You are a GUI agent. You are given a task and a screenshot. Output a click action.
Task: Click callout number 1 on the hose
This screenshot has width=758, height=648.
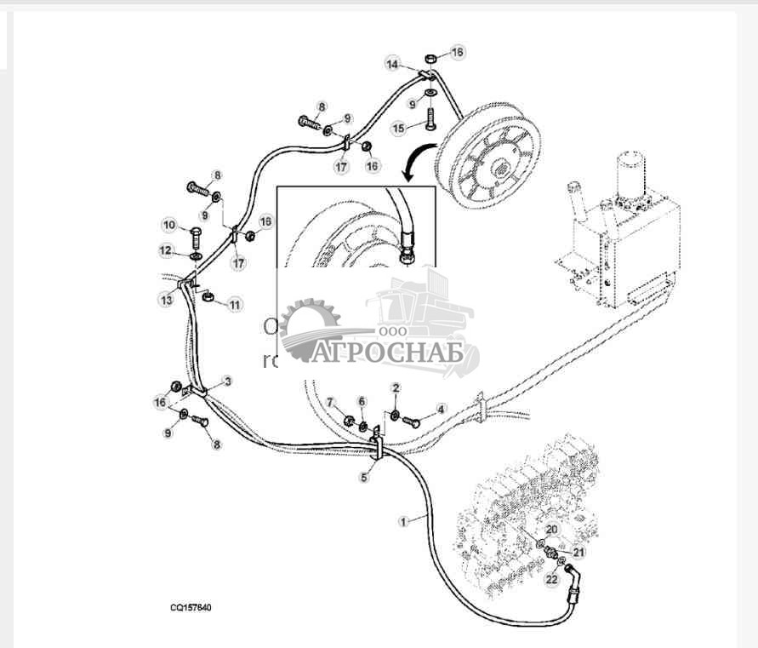[x=404, y=519]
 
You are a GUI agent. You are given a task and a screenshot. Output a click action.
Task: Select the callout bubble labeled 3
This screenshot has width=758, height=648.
[x=226, y=381]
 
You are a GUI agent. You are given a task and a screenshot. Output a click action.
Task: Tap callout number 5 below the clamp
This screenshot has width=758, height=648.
[x=364, y=478]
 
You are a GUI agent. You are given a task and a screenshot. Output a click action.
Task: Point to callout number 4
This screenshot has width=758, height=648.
[x=441, y=409]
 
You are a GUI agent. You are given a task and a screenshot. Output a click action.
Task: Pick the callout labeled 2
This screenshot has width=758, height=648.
[x=396, y=388]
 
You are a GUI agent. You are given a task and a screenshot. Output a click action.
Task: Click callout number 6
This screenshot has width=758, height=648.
[x=362, y=401]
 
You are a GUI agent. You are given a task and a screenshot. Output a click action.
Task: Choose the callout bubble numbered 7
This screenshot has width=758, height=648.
[x=332, y=401]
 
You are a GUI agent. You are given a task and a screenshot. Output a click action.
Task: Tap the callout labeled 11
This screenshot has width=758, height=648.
[x=235, y=304]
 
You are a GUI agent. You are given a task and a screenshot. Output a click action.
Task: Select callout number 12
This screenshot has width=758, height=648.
[x=166, y=250]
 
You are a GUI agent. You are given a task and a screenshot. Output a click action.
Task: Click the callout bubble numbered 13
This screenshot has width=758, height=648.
[x=167, y=300]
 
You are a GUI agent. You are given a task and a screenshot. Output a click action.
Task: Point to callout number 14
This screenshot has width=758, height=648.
[x=392, y=64]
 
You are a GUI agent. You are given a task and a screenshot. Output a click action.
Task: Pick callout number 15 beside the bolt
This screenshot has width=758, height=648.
[x=399, y=129]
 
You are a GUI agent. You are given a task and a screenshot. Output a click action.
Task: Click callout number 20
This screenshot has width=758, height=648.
[x=551, y=529]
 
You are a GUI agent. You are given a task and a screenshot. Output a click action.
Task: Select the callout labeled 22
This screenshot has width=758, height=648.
[x=551, y=579]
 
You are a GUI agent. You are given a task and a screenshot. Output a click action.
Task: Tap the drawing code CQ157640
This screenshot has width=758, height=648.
[x=191, y=608]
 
